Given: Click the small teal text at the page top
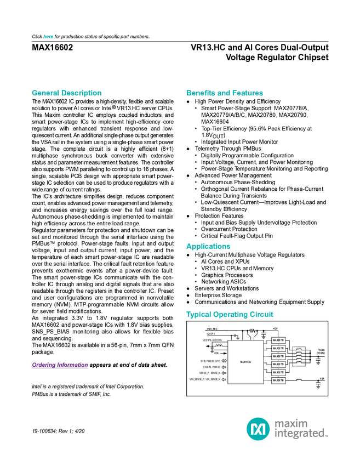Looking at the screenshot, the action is pos(48,37).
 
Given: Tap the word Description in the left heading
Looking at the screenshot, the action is pos(82,93).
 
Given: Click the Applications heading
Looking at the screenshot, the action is pos(208,247).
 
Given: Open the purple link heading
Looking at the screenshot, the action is pos(59,366).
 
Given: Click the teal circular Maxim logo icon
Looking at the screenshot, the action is pos(258,428).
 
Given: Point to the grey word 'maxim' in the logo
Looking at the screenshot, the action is pos(291,423).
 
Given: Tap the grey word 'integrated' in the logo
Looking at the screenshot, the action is pos(301,434).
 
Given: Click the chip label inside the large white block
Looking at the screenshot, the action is pos(245,362).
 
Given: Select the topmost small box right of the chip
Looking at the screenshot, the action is pos(278,340).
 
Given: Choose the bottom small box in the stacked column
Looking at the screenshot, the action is pos(278,380).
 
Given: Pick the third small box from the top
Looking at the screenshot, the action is pos(278,356).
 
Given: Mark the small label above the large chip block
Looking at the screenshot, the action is pos(252,331).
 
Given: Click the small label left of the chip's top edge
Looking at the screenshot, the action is pos(219,347).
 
